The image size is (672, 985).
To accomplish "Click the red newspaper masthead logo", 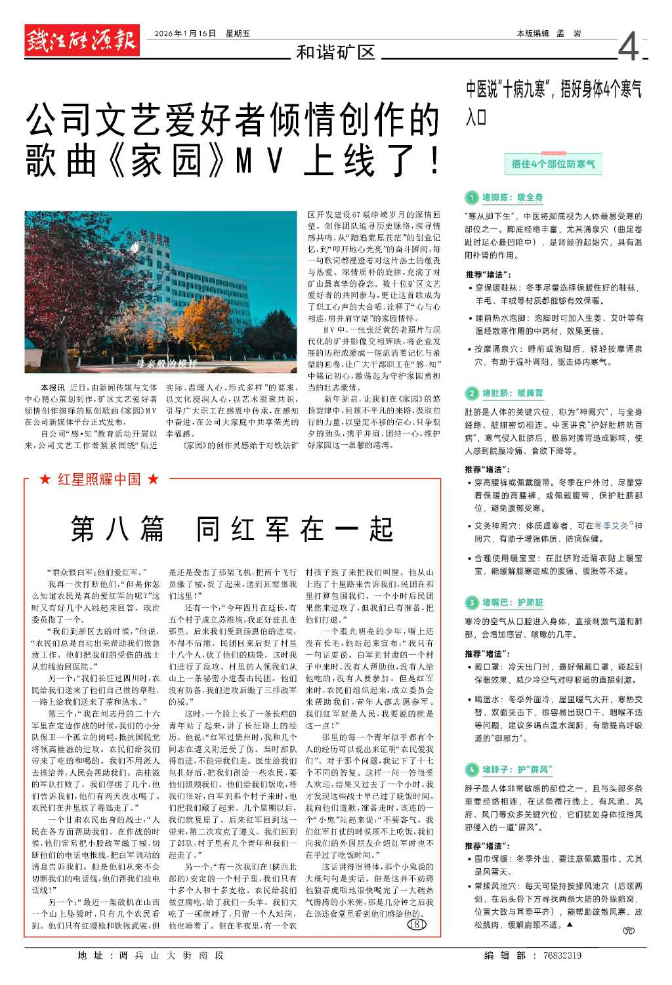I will pyautogui.click(x=82, y=41).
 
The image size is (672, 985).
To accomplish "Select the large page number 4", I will pyautogui.click(x=628, y=47).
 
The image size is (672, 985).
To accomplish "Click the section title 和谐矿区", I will pyautogui.click(x=335, y=52).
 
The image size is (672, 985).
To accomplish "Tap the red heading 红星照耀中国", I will pyautogui.click(x=99, y=480).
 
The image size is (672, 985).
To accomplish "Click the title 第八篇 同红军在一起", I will pyautogui.click(x=232, y=529).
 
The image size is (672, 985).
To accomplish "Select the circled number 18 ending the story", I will pyautogui.click(x=417, y=925).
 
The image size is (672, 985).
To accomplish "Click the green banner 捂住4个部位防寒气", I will pyautogui.click(x=553, y=164).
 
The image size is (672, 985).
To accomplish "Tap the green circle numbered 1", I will pyautogui.click(x=471, y=198).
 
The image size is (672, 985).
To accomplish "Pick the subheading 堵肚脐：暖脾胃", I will pyautogui.click(x=513, y=393).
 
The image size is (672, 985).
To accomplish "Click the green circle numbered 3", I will pyautogui.click(x=471, y=602).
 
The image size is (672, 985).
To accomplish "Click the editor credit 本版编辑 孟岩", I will pyautogui.click(x=549, y=33).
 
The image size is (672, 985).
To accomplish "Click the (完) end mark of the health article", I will pyautogui.click(x=628, y=931).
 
